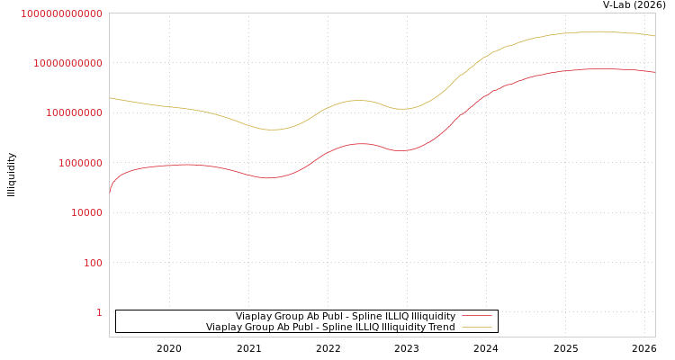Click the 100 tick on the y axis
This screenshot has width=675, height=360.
point(93,263)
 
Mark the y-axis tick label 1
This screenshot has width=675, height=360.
point(99,312)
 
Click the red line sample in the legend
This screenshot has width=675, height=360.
point(476,316)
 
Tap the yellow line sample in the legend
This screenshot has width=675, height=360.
point(476,327)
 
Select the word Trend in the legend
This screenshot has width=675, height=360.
point(441,327)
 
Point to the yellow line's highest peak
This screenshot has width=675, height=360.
point(596,31)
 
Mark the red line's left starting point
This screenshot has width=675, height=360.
point(110,193)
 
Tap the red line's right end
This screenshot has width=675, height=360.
point(654,72)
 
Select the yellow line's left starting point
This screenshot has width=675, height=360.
point(110,98)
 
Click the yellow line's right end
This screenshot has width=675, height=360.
point(654,36)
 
